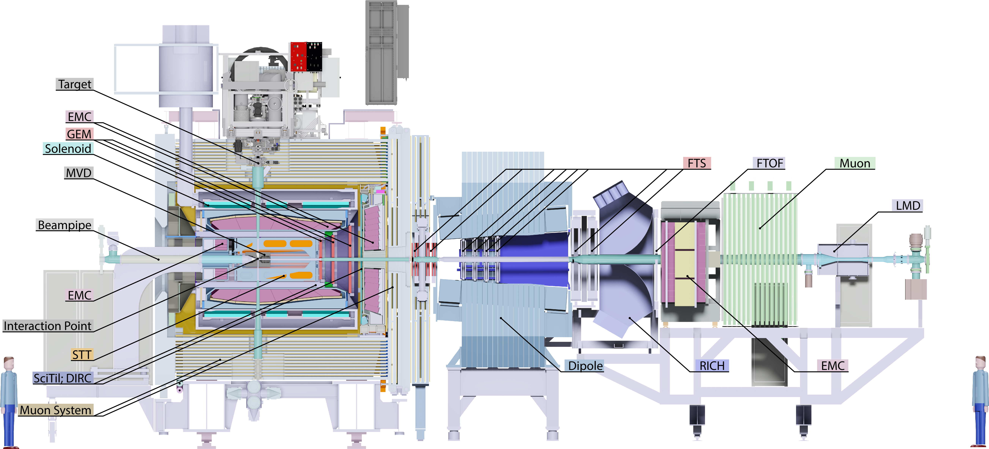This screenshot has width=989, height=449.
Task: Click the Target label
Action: [75, 84]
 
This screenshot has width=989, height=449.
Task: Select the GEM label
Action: [79, 134]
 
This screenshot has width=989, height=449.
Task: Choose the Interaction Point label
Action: [48, 326]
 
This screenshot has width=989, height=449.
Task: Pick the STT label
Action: [82, 355]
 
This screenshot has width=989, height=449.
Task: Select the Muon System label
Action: [56, 410]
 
